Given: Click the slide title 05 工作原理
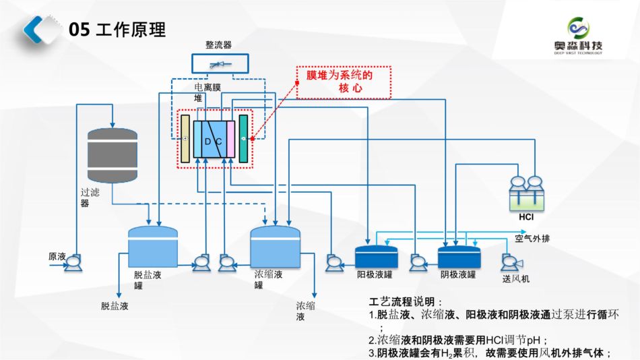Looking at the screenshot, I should [117, 30].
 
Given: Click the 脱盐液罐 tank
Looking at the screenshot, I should [153, 245].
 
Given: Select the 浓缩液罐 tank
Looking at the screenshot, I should [275, 245].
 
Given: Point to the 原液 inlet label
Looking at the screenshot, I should [57, 257].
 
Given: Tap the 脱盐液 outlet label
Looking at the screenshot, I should [115, 306].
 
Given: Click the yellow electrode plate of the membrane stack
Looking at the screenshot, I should [185, 138].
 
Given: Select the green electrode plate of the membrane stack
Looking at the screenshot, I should [243, 138].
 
